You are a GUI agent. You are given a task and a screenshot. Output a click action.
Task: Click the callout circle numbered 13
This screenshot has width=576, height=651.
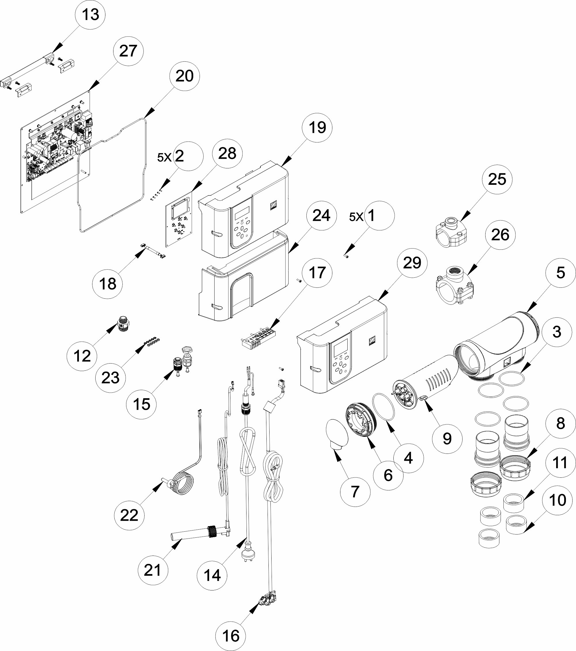point(90,15)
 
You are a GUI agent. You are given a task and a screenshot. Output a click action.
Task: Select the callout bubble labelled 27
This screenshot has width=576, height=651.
point(128,51)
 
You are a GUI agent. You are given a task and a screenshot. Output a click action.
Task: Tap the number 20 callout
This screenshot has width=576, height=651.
point(184,76)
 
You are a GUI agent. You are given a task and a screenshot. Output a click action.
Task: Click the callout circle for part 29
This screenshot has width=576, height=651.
point(412,263)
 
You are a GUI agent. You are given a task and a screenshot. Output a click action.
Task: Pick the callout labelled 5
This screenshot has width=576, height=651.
point(560,273)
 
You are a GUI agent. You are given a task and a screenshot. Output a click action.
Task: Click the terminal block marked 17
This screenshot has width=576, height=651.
point(259,338)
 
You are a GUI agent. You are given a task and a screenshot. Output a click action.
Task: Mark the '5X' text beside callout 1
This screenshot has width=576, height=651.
point(356,217)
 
